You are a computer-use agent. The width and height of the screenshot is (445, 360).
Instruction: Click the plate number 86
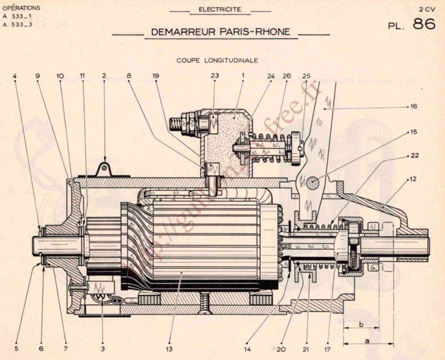pos(424,24)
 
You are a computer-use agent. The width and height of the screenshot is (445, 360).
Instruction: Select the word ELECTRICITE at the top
pos(220,9)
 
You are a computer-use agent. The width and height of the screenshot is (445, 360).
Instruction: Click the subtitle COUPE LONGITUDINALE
pos(217,60)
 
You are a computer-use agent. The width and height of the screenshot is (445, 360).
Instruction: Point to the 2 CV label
pos(427,9)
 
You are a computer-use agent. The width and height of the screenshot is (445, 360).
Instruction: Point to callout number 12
pos(413,179)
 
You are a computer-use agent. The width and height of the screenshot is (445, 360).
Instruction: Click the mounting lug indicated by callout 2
pos(104,170)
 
